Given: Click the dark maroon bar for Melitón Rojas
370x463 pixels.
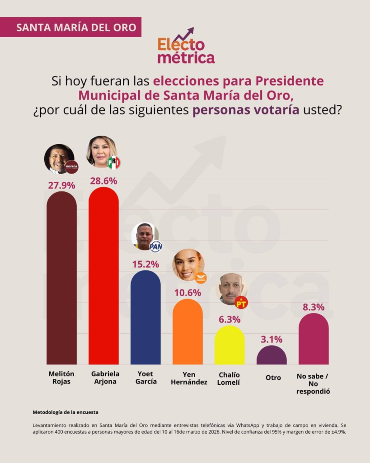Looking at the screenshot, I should [x=61, y=278].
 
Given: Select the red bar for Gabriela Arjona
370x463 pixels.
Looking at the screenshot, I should [x=103, y=276].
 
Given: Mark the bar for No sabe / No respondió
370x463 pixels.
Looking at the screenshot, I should [x=314, y=339].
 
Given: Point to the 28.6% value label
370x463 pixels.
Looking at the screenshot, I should [x=103, y=180].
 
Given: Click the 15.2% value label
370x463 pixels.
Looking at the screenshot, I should [x=145, y=264].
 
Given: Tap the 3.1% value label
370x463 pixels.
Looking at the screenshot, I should [x=272, y=339].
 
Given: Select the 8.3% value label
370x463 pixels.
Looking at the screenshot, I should [x=314, y=307].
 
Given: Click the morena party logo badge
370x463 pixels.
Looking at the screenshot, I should [x=71, y=167].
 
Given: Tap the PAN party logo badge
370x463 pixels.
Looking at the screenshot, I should [x=156, y=246].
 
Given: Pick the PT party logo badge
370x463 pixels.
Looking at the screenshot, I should [x=241, y=302].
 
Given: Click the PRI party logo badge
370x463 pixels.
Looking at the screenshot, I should [x=114, y=162].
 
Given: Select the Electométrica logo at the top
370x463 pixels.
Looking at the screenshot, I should [x=186, y=46].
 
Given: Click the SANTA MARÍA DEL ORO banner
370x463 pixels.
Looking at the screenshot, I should [x=71, y=27].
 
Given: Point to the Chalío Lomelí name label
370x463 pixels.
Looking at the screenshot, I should [x=229, y=378].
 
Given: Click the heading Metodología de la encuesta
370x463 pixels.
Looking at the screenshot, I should [x=66, y=412].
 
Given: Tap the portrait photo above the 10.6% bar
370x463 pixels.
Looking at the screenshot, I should [x=188, y=265].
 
